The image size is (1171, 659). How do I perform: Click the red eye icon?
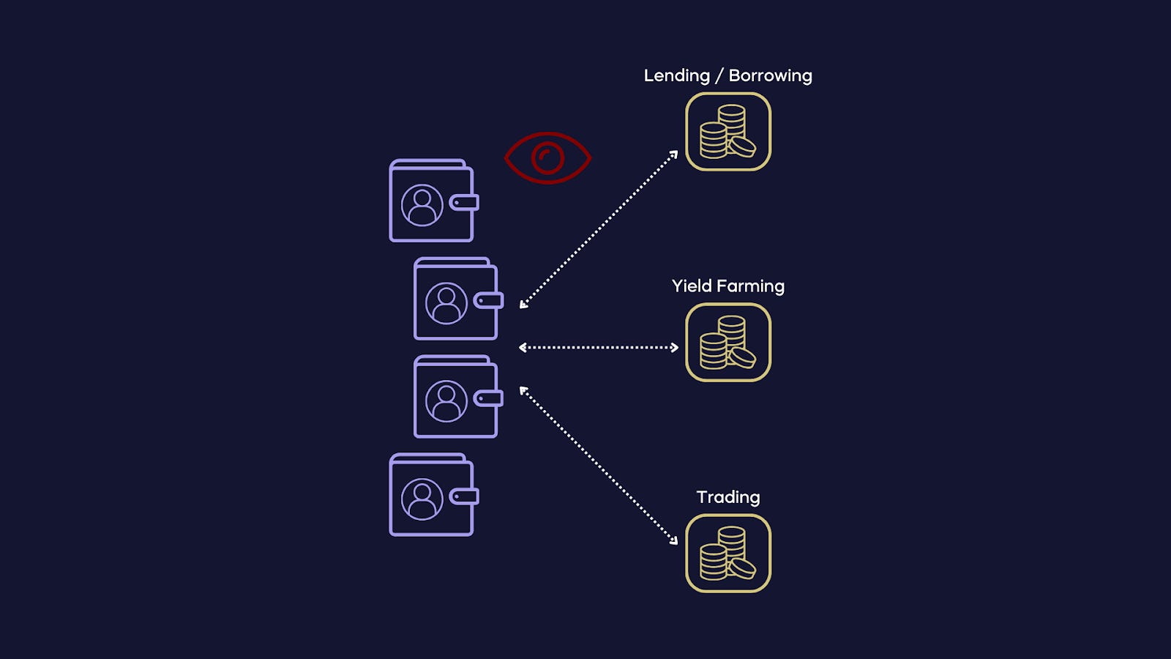tap(547, 157)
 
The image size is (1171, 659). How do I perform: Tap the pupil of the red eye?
tap(547, 157)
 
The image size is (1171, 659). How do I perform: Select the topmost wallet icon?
tap(433, 201)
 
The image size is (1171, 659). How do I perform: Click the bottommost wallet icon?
tap(433, 496)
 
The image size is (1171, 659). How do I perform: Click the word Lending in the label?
tap(676, 76)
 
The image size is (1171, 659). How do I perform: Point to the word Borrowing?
tap(770, 76)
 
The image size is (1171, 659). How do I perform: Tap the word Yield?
tap(692, 286)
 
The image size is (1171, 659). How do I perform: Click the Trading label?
tap(728, 497)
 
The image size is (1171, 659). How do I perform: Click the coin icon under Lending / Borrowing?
tap(728, 133)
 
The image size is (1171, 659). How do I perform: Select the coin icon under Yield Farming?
tap(728, 343)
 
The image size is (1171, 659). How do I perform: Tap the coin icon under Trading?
tap(728, 554)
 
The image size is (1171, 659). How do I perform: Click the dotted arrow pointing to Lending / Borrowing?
tap(599, 229)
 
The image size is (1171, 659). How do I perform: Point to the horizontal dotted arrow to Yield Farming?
tap(599, 347)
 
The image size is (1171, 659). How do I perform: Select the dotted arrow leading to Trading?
tap(599, 466)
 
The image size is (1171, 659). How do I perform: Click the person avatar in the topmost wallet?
tap(422, 205)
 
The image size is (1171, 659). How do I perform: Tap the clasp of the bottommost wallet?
tap(464, 496)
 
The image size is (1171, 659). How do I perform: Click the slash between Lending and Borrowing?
tap(719, 76)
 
